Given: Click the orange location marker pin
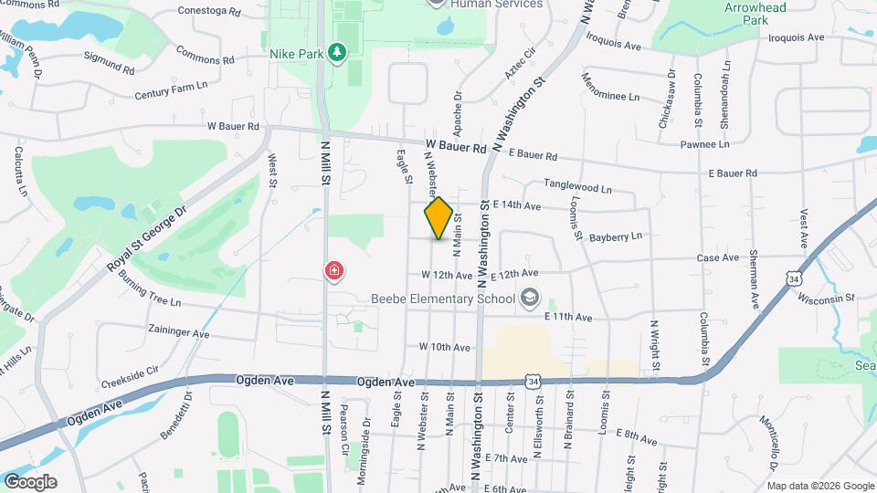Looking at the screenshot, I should [438, 218].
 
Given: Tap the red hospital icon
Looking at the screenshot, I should [335, 270].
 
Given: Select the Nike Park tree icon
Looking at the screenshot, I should [338, 53].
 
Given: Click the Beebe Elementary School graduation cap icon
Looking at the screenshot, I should [528, 298].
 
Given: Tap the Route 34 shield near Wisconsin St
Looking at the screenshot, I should [794, 276].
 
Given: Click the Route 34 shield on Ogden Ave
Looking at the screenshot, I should [532, 380].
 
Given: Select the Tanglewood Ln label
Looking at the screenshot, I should [577, 187].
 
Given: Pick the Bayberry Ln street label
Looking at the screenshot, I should [616, 236].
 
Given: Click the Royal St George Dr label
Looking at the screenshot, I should [146, 238].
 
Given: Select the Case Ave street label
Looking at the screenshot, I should [717, 257].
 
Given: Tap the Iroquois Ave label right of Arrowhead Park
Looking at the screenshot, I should [796, 37].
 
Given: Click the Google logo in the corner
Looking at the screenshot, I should [30, 482].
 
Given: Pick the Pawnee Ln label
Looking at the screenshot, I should [704, 144].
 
